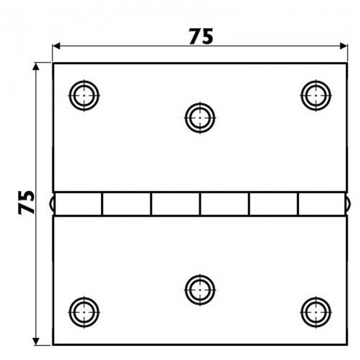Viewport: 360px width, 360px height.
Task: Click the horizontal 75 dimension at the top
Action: coord(201,37)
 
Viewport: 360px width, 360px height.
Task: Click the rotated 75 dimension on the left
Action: coord(26,202)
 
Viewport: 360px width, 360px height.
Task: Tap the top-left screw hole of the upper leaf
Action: coord(84,95)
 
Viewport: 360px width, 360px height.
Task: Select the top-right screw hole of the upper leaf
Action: coord(316,95)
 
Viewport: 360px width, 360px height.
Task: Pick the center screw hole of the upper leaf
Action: coord(200,118)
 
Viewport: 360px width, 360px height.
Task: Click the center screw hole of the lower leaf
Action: coord(200,290)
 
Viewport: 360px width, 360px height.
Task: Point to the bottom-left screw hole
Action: coord(84,312)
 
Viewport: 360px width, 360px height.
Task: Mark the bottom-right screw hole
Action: coord(316,312)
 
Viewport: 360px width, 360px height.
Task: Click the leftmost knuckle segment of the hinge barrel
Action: coord(78,204)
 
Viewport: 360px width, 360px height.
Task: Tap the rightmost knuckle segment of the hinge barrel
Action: coord(322,204)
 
